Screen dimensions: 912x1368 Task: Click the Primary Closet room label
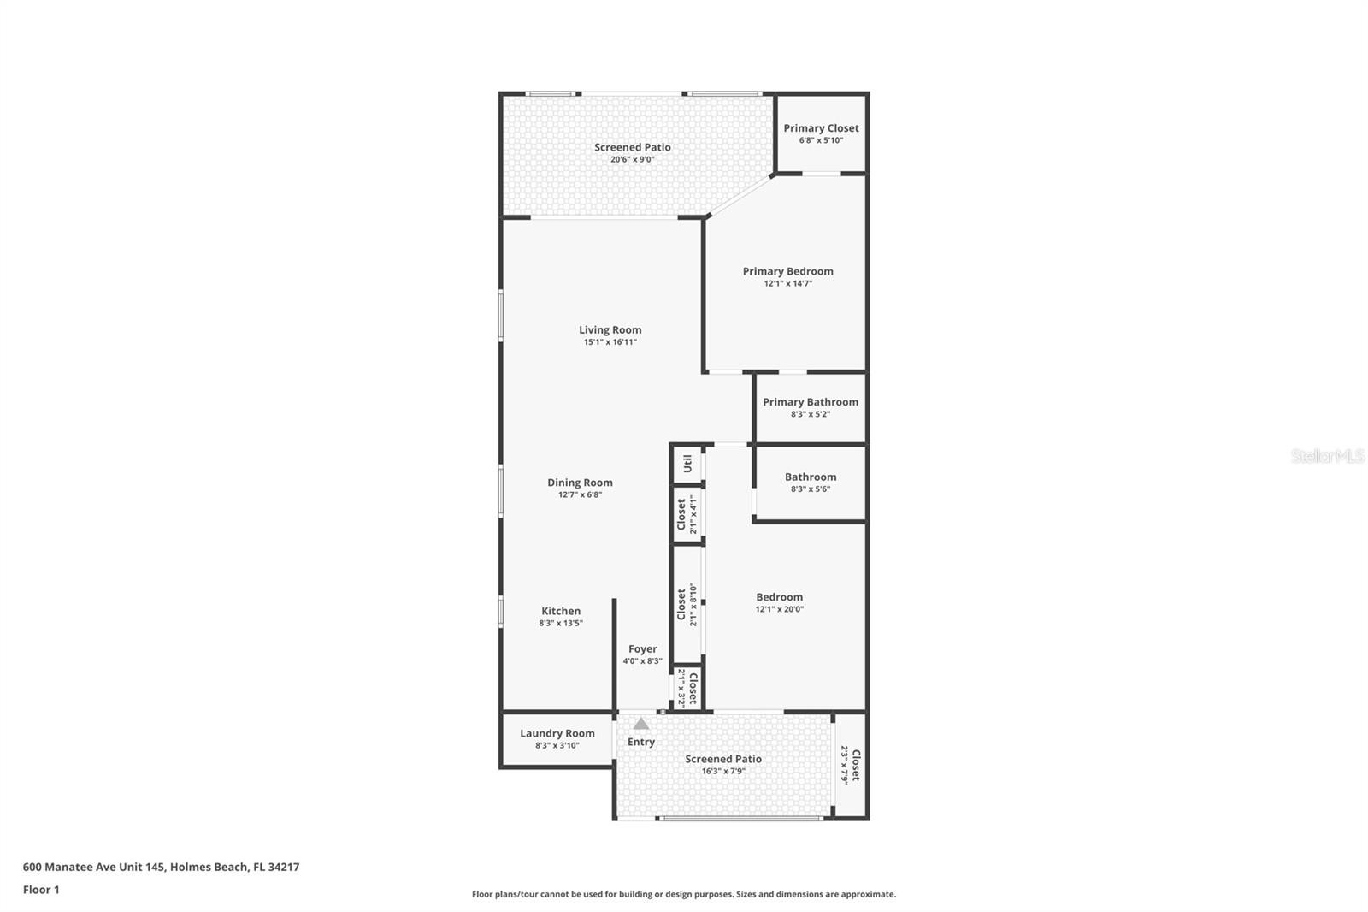click(x=821, y=128)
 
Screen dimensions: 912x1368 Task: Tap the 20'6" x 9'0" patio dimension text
click(x=633, y=160)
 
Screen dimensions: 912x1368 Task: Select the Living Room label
click(x=610, y=329)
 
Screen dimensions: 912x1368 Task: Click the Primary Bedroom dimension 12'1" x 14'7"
click(x=787, y=284)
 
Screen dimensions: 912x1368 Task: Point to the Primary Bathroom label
click(x=811, y=402)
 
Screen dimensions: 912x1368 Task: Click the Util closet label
click(x=687, y=465)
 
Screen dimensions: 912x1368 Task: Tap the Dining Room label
click(x=580, y=483)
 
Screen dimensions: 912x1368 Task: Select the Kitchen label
click(x=561, y=611)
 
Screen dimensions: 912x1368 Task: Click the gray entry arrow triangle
click(x=641, y=724)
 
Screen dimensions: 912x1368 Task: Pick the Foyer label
click(x=643, y=649)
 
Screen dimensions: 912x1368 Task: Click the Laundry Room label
click(x=557, y=733)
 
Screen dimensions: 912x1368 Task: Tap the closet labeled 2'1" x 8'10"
click(x=687, y=605)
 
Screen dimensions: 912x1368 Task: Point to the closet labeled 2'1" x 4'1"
click(x=687, y=514)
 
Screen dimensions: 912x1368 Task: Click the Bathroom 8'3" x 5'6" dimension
click(x=810, y=489)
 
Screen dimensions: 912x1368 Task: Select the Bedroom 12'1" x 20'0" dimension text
click(x=779, y=610)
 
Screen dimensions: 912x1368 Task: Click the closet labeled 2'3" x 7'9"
click(x=850, y=765)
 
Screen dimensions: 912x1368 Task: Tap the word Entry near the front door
click(x=641, y=742)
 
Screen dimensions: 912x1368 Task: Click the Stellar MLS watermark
click(x=1327, y=457)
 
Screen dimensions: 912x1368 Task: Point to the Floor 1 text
click(x=41, y=890)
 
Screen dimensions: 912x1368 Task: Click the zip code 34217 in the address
click(x=284, y=867)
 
